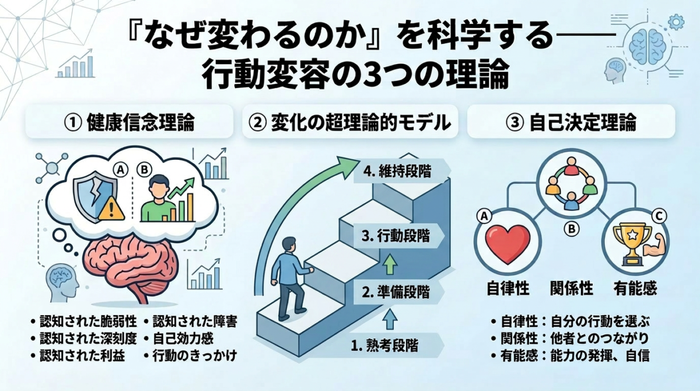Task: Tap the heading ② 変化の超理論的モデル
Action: click(350, 123)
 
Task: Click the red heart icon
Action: click(508, 243)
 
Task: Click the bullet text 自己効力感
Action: click(183, 338)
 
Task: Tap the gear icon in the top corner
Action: click(675, 22)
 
